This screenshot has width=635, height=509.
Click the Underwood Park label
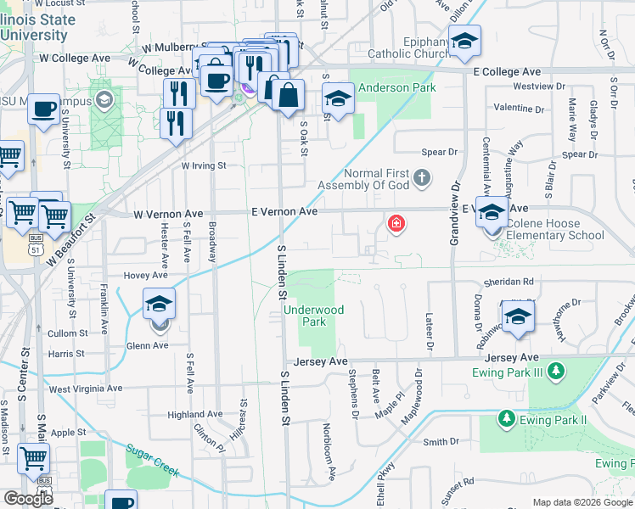click(x=314, y=316)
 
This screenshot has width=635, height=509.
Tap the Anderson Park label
click(x=396, y=87)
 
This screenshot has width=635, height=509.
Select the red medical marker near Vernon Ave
click(x=396, y=224)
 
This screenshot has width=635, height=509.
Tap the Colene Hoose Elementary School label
click(x=555, y=229)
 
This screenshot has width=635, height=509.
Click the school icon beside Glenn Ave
click(x=159, y=304)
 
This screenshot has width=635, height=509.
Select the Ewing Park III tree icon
click(x=556, y=371)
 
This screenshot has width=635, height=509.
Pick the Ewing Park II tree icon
click(x=506, y=419)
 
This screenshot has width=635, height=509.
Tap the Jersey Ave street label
click(x=321, y=361)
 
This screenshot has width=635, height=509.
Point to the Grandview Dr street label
click(x=455, y=213)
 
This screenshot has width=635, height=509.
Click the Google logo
click(x=28, y=499)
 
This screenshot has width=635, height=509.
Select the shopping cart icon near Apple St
click(x=33, y=459)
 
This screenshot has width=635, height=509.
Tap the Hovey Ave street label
click(x=146, y=276)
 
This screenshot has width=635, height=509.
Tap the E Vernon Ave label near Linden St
click(x=284, y=211)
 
